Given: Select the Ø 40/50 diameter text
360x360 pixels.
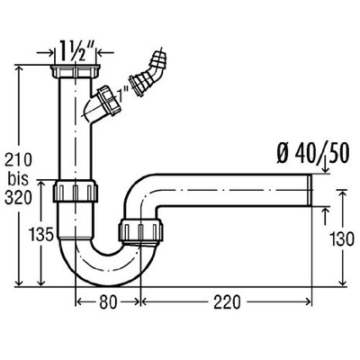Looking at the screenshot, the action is point(313,154).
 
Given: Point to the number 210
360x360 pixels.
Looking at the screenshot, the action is point(18,159).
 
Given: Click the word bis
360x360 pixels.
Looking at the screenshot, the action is point(18,179).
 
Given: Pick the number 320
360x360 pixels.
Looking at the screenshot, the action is point(18,198).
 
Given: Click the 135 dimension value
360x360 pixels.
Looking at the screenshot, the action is point(42,234).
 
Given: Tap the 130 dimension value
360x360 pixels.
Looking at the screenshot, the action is point(342,239).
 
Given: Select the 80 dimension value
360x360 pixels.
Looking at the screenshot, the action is point(108,302).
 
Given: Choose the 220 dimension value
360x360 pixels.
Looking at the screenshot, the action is point(227,302).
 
